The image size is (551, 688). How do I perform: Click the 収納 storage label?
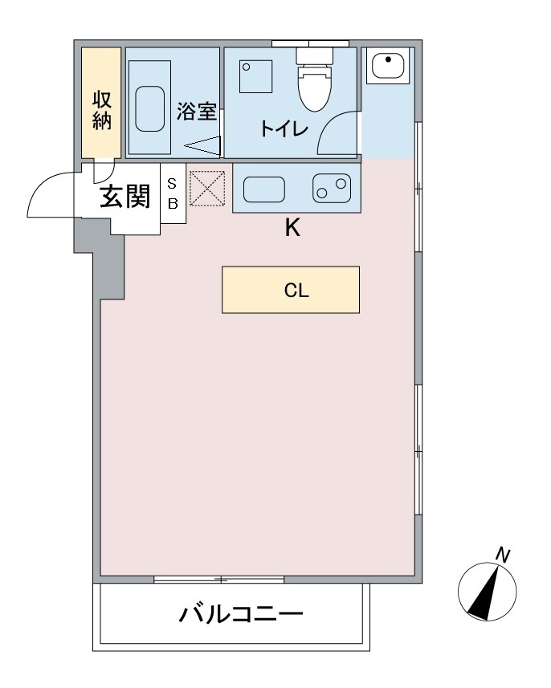101,111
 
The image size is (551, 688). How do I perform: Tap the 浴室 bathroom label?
197,111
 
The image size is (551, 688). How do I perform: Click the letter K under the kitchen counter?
292,229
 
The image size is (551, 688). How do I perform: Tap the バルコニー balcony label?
240,616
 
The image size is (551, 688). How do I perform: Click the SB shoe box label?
172,193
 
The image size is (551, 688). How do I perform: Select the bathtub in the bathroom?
153,109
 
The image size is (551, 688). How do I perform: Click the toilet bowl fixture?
315,84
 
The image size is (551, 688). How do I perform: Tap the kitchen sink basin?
263,190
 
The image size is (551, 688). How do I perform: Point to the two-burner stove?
331,189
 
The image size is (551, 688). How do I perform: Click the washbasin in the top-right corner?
386,65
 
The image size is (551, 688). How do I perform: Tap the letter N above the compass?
503,554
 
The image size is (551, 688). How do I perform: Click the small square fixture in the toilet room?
255,76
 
